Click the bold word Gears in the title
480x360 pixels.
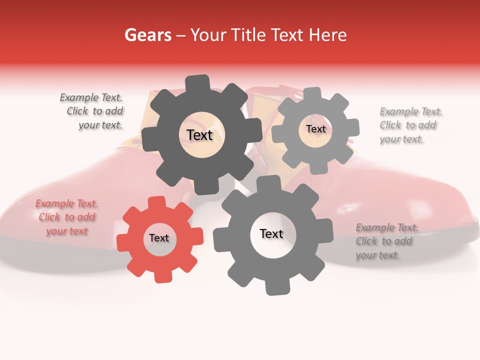click(147, 35)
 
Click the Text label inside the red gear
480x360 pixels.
click(159, 238)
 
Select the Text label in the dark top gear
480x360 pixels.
click(199, 135)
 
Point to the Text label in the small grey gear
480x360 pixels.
click(315, 129)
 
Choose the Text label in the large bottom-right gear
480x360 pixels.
click(271, 233)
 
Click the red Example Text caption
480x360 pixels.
click(66, 217)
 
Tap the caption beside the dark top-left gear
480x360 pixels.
click(92, 111)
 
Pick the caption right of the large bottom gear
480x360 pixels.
click(386, 241)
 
